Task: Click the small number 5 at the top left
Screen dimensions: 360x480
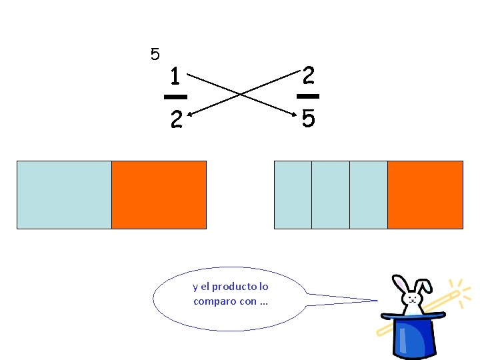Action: click(x=155, y=54)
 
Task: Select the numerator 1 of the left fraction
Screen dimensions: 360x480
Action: click(x=175, y=77)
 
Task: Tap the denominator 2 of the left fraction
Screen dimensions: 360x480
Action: click(x=175, y=120)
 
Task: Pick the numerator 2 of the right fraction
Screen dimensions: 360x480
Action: click(x=308, y=75)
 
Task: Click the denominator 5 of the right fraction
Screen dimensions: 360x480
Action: click(x=308, y=119)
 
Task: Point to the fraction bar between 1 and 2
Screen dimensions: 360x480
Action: click(x=175, y=97)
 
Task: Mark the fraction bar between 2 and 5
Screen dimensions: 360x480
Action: click(x=308, y=97)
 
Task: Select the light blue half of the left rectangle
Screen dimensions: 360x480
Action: click(x=64, y=195)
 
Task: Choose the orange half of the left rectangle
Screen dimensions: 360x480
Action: click(x=159, y=195)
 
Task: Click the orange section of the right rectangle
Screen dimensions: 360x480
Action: click(x=425, y=195)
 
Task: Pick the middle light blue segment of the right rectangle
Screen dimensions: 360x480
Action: click(x=331, y=195)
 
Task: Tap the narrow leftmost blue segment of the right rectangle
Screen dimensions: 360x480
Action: click(x=293, y=195)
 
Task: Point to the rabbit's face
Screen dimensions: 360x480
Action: click(x=415, y=305)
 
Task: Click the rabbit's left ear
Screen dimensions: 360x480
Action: click(x=402, y=285)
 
